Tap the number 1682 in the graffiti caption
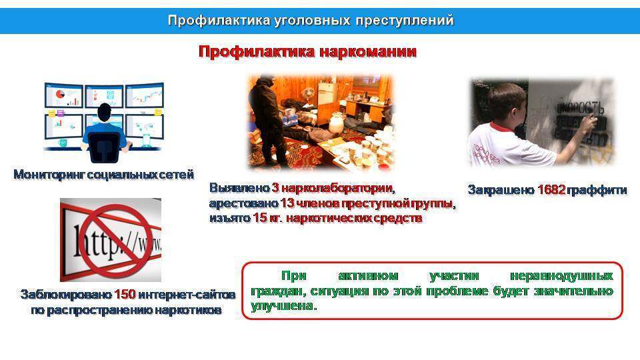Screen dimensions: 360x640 click(551, 190)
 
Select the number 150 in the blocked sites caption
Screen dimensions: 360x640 click(125, 294)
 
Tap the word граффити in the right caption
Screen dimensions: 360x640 click(598, 190)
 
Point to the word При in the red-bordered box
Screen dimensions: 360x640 click(292, 275)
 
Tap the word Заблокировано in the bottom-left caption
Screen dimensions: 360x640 click(65, 294)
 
